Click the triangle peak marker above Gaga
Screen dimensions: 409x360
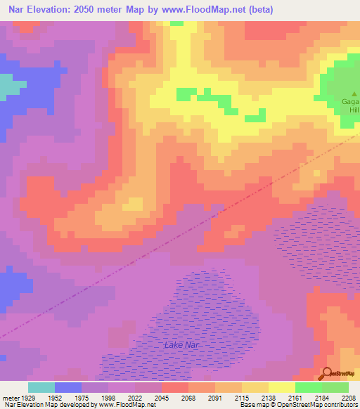coord(354,93)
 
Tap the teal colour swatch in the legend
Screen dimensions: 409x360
coord(41,387)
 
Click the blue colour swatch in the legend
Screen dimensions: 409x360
coord(68,387)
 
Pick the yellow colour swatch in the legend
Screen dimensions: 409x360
coord(282,387)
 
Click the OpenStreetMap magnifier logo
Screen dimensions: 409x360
coord(326,374)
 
